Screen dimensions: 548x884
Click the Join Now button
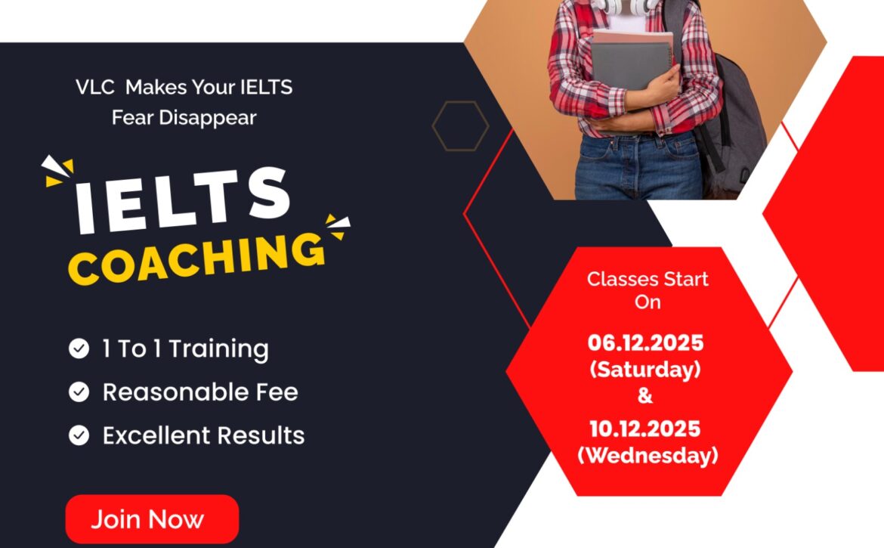(x=152, y=519)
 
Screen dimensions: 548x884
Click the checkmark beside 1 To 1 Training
(x=79, y=348)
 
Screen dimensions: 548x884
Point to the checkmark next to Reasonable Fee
(x=79, y=392)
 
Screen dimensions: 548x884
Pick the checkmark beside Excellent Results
(x=79, y=435)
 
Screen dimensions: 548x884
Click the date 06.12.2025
(x=645, y=343)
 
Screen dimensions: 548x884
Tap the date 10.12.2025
(x=645, y=429)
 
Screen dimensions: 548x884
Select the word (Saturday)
(x=645, y=370)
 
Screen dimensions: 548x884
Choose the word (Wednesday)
(x=647, y=456)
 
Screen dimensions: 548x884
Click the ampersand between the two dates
(x=645, y=395)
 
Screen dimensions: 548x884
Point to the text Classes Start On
(x=648, y=289)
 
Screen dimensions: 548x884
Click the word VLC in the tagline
(x=94, y=87)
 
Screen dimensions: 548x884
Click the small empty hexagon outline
(x=460, y=126)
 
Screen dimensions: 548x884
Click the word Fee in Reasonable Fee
(x=275, y=392)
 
